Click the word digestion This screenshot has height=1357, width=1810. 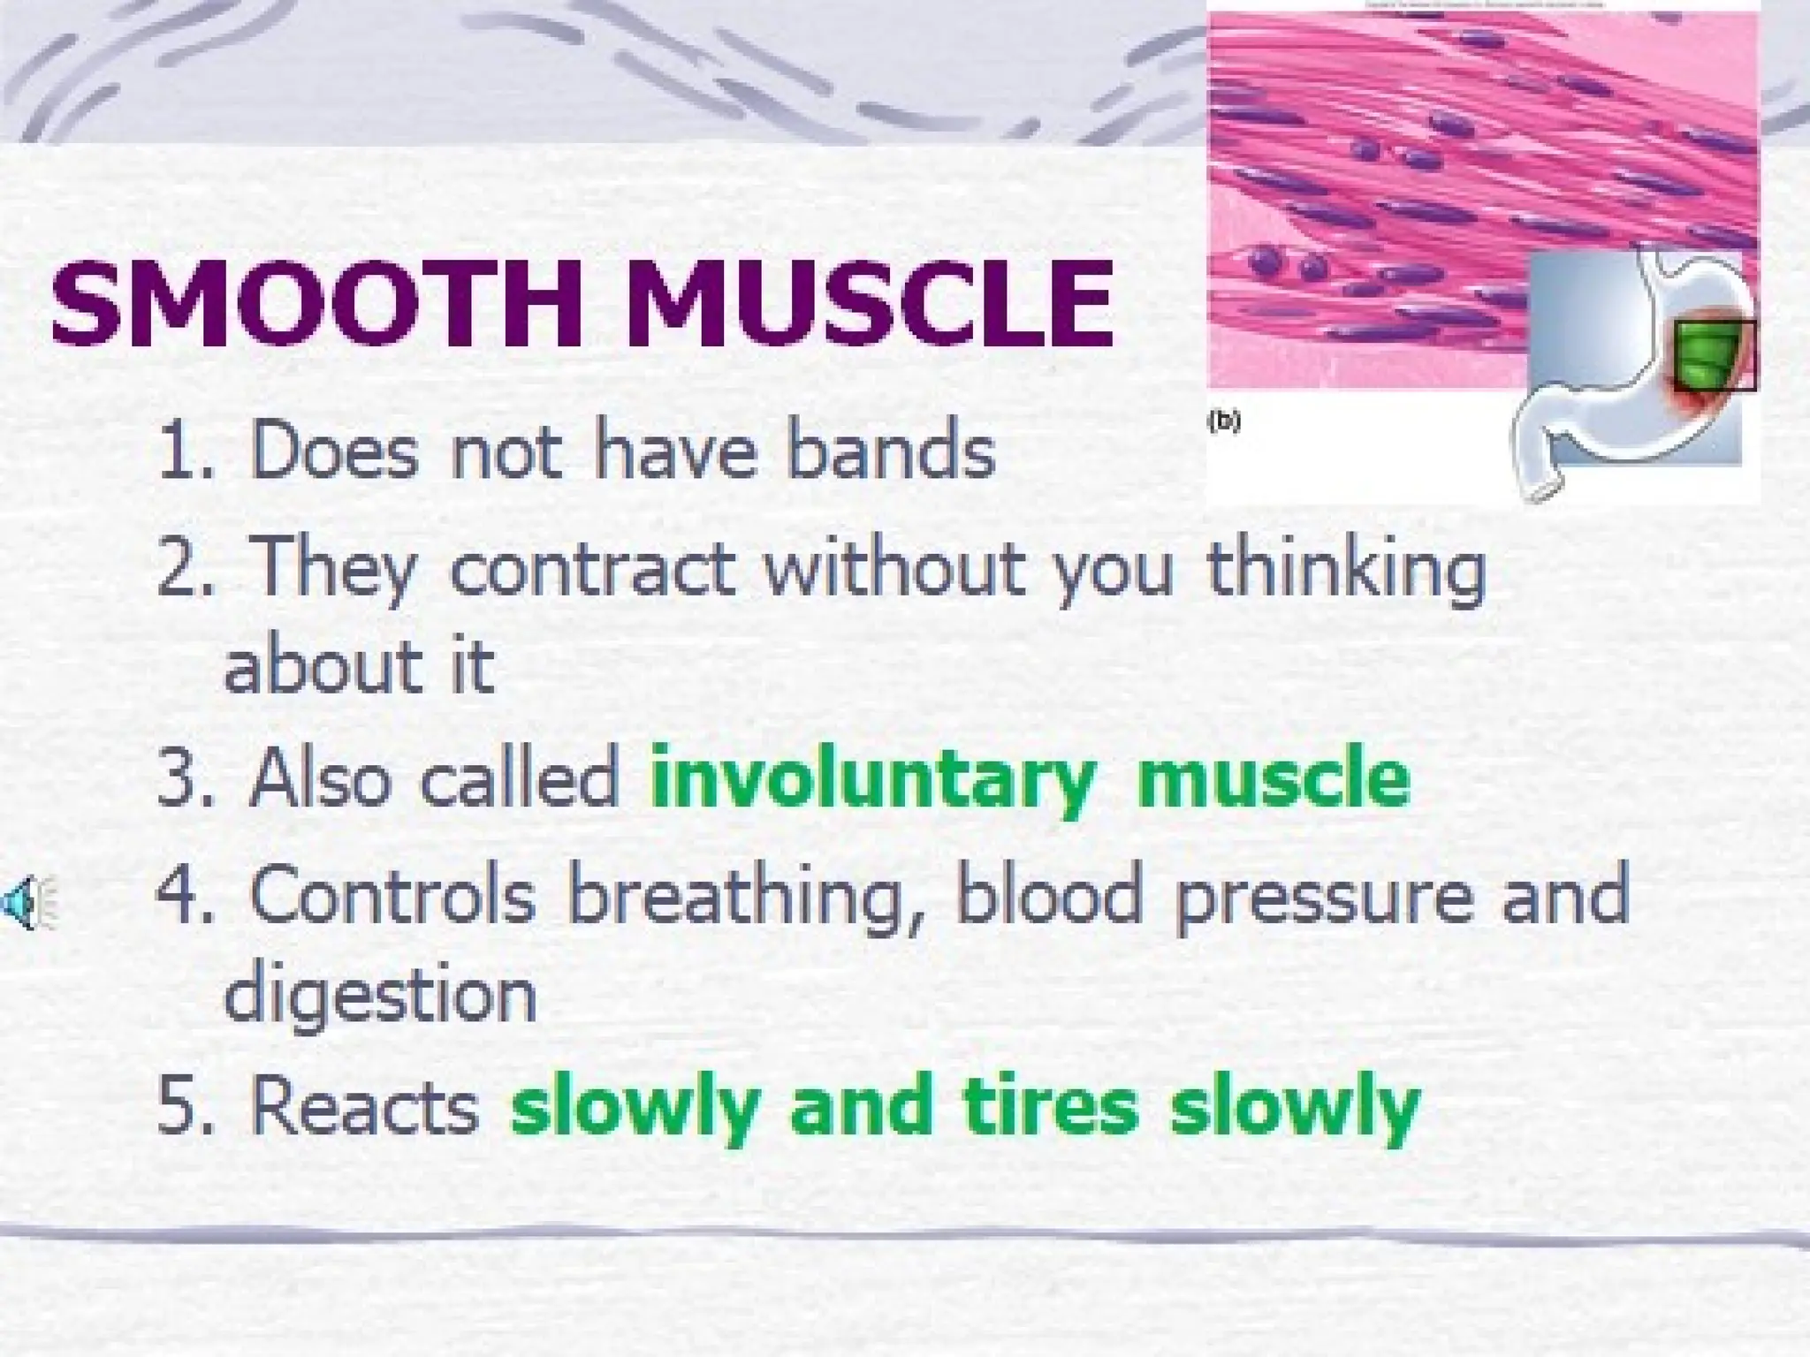380,995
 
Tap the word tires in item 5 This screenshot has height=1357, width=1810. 1051,1108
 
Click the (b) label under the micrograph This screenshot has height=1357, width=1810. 1224,421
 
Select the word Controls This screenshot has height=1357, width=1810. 392,896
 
